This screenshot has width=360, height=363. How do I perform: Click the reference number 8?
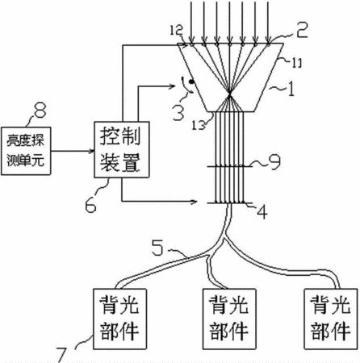pyautogui.click(x=40, y=110)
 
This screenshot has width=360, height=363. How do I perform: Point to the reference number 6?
pyautogui.click(x=90, y=205)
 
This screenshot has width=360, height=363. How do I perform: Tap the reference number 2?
pyautogui.click(x=302, y=29)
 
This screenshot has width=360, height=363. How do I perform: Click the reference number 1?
pyautogui.click(x=291, y=89)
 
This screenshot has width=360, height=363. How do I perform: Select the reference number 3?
pyautogui.click(x=178, y=112)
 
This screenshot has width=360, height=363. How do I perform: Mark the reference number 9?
pyautogui.click(x=274, y=162)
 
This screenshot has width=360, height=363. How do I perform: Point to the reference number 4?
pyautogui.click(x=262, y=212)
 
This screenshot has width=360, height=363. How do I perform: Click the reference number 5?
pyautogui.click(x=157, y=247)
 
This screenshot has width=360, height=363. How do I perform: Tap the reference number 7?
pyautogui.click(x=61, y=355)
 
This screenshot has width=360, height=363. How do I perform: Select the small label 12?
pyautogui.click(x=176, y=30)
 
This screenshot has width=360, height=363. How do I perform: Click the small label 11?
pyautogui.click(x=296, y=63)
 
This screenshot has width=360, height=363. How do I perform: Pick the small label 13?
pyautogui.click(x=199, y=124)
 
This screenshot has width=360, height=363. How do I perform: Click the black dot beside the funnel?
pyautogui.click(x=191, y=81)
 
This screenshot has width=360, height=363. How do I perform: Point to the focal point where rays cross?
pyautogui.click(x=229, y=94)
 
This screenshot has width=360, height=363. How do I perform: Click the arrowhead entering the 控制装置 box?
pyautogui.click(x=91, y=151)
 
